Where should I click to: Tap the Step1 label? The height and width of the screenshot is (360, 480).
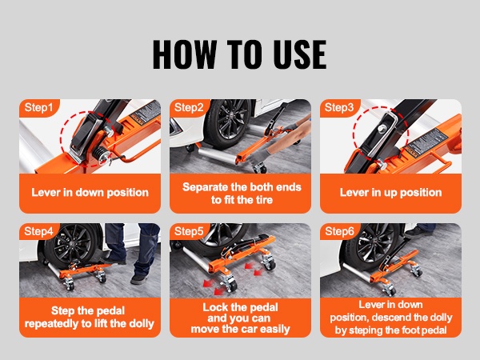click(38, 107)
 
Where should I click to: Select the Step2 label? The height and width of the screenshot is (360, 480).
click(189, 107)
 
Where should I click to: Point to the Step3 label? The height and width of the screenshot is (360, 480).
click(339, 107)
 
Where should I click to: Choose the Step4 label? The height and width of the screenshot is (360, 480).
click(38, 231)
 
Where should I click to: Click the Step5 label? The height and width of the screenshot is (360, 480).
click(189, 231)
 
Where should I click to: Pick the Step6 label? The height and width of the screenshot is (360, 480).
click(339, 231)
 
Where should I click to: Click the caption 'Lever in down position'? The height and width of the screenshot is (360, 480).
click(90, 193)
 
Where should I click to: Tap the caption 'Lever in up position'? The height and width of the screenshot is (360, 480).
click(390, 193)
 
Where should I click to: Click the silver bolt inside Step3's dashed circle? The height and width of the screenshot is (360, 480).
click(382, 129)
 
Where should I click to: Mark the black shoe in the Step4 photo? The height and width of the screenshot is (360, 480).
click(139, 279)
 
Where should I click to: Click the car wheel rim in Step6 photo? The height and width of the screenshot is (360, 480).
click(376, 244)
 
